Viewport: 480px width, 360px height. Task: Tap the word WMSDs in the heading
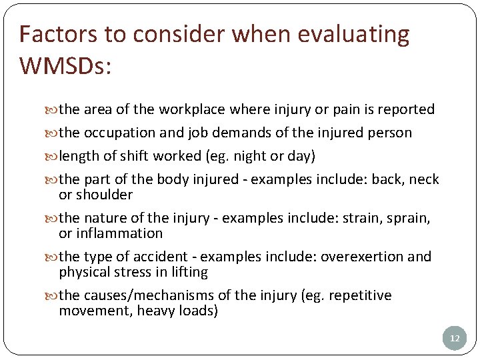click(x=63, y=66)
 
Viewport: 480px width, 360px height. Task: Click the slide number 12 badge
click(x=455, y=339)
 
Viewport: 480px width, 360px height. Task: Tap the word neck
click(x=424, y=179)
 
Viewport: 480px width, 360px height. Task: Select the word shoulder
click(x=105, y=195)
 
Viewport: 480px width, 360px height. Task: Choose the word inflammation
click(x=120, y=233)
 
